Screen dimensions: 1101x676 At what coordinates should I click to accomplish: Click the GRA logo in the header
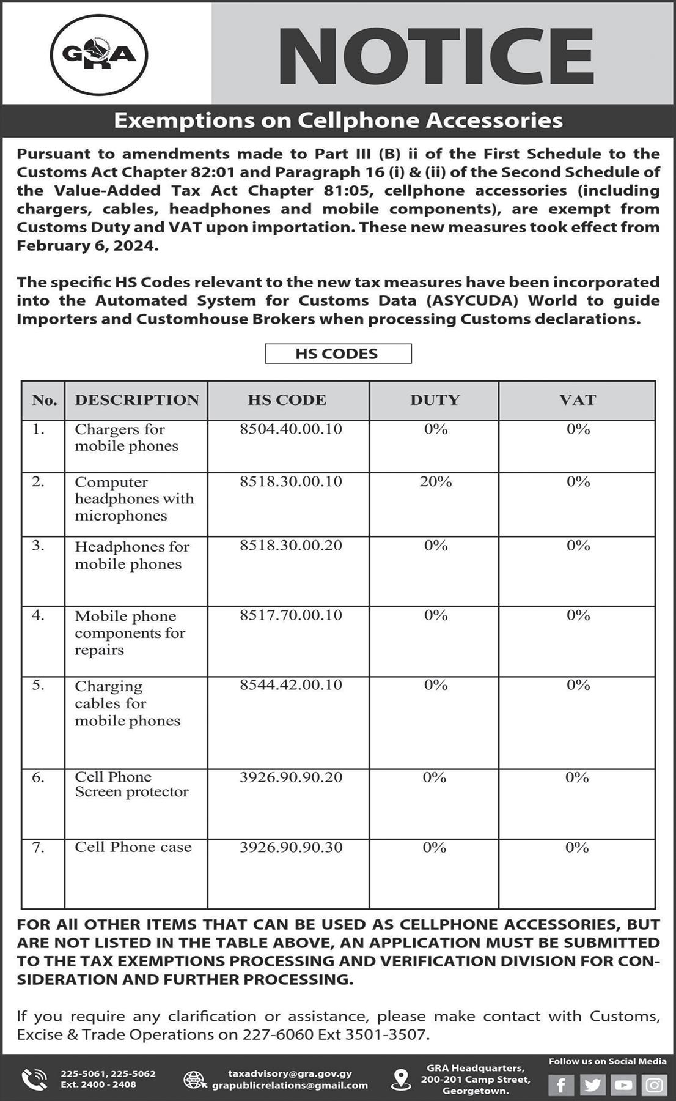(99, 54)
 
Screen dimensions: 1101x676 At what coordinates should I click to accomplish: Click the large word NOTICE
(436, 56)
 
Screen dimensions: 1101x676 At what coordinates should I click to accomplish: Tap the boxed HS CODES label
(337, 354)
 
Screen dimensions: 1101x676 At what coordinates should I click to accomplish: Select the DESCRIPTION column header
(137, 400)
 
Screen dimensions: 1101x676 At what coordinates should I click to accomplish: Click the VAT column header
(577, 400)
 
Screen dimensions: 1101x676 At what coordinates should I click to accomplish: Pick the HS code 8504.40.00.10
(290, 429)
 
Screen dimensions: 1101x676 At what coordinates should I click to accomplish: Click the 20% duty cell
(435, 482)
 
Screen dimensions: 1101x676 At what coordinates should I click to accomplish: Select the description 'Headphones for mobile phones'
(132, 555)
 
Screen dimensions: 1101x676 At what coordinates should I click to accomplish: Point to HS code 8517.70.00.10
(290, 615)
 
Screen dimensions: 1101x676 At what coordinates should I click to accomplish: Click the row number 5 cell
(39, 685)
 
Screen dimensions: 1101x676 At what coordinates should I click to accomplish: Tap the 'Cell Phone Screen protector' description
(131, 784)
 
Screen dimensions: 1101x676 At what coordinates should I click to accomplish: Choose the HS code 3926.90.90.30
(290, 847)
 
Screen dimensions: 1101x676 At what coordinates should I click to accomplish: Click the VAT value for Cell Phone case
(577, 847)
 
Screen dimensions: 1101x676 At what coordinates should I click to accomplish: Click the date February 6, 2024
(87, 246)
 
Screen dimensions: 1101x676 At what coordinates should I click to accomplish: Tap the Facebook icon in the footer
(560, 1085)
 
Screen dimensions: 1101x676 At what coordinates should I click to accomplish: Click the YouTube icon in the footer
(623, 1085)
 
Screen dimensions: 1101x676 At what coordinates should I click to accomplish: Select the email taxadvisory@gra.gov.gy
(290, 1073)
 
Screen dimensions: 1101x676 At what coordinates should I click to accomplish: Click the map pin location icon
(401, 1080)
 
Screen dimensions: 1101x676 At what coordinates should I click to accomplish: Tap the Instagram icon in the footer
(654, 1085)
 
